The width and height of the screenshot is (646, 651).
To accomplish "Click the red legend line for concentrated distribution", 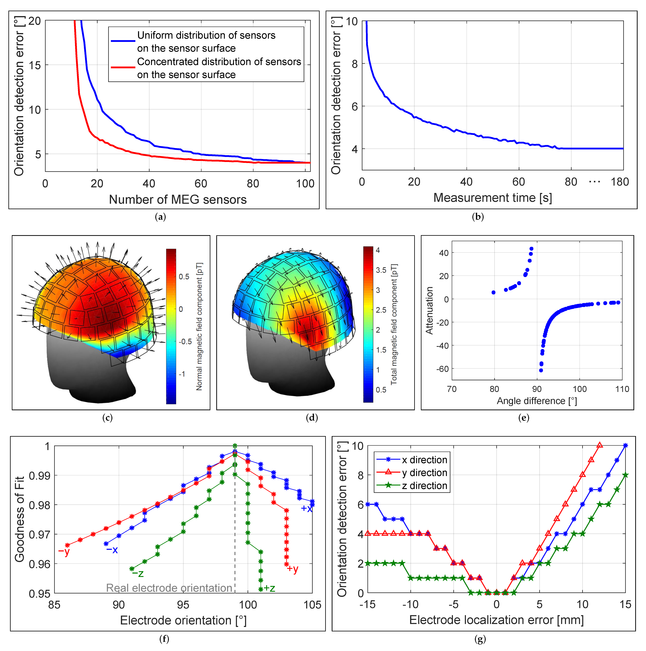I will coord(123,67).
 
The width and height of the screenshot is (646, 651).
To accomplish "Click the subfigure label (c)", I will coord(107,418).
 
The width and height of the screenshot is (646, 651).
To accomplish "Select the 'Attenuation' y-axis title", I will coord(429,310).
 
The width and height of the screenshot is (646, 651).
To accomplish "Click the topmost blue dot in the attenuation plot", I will coord(531,249).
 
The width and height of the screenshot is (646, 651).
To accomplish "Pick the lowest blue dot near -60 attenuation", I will coord(541,370).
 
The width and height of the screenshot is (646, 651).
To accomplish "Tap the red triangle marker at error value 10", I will coord(599,445).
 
